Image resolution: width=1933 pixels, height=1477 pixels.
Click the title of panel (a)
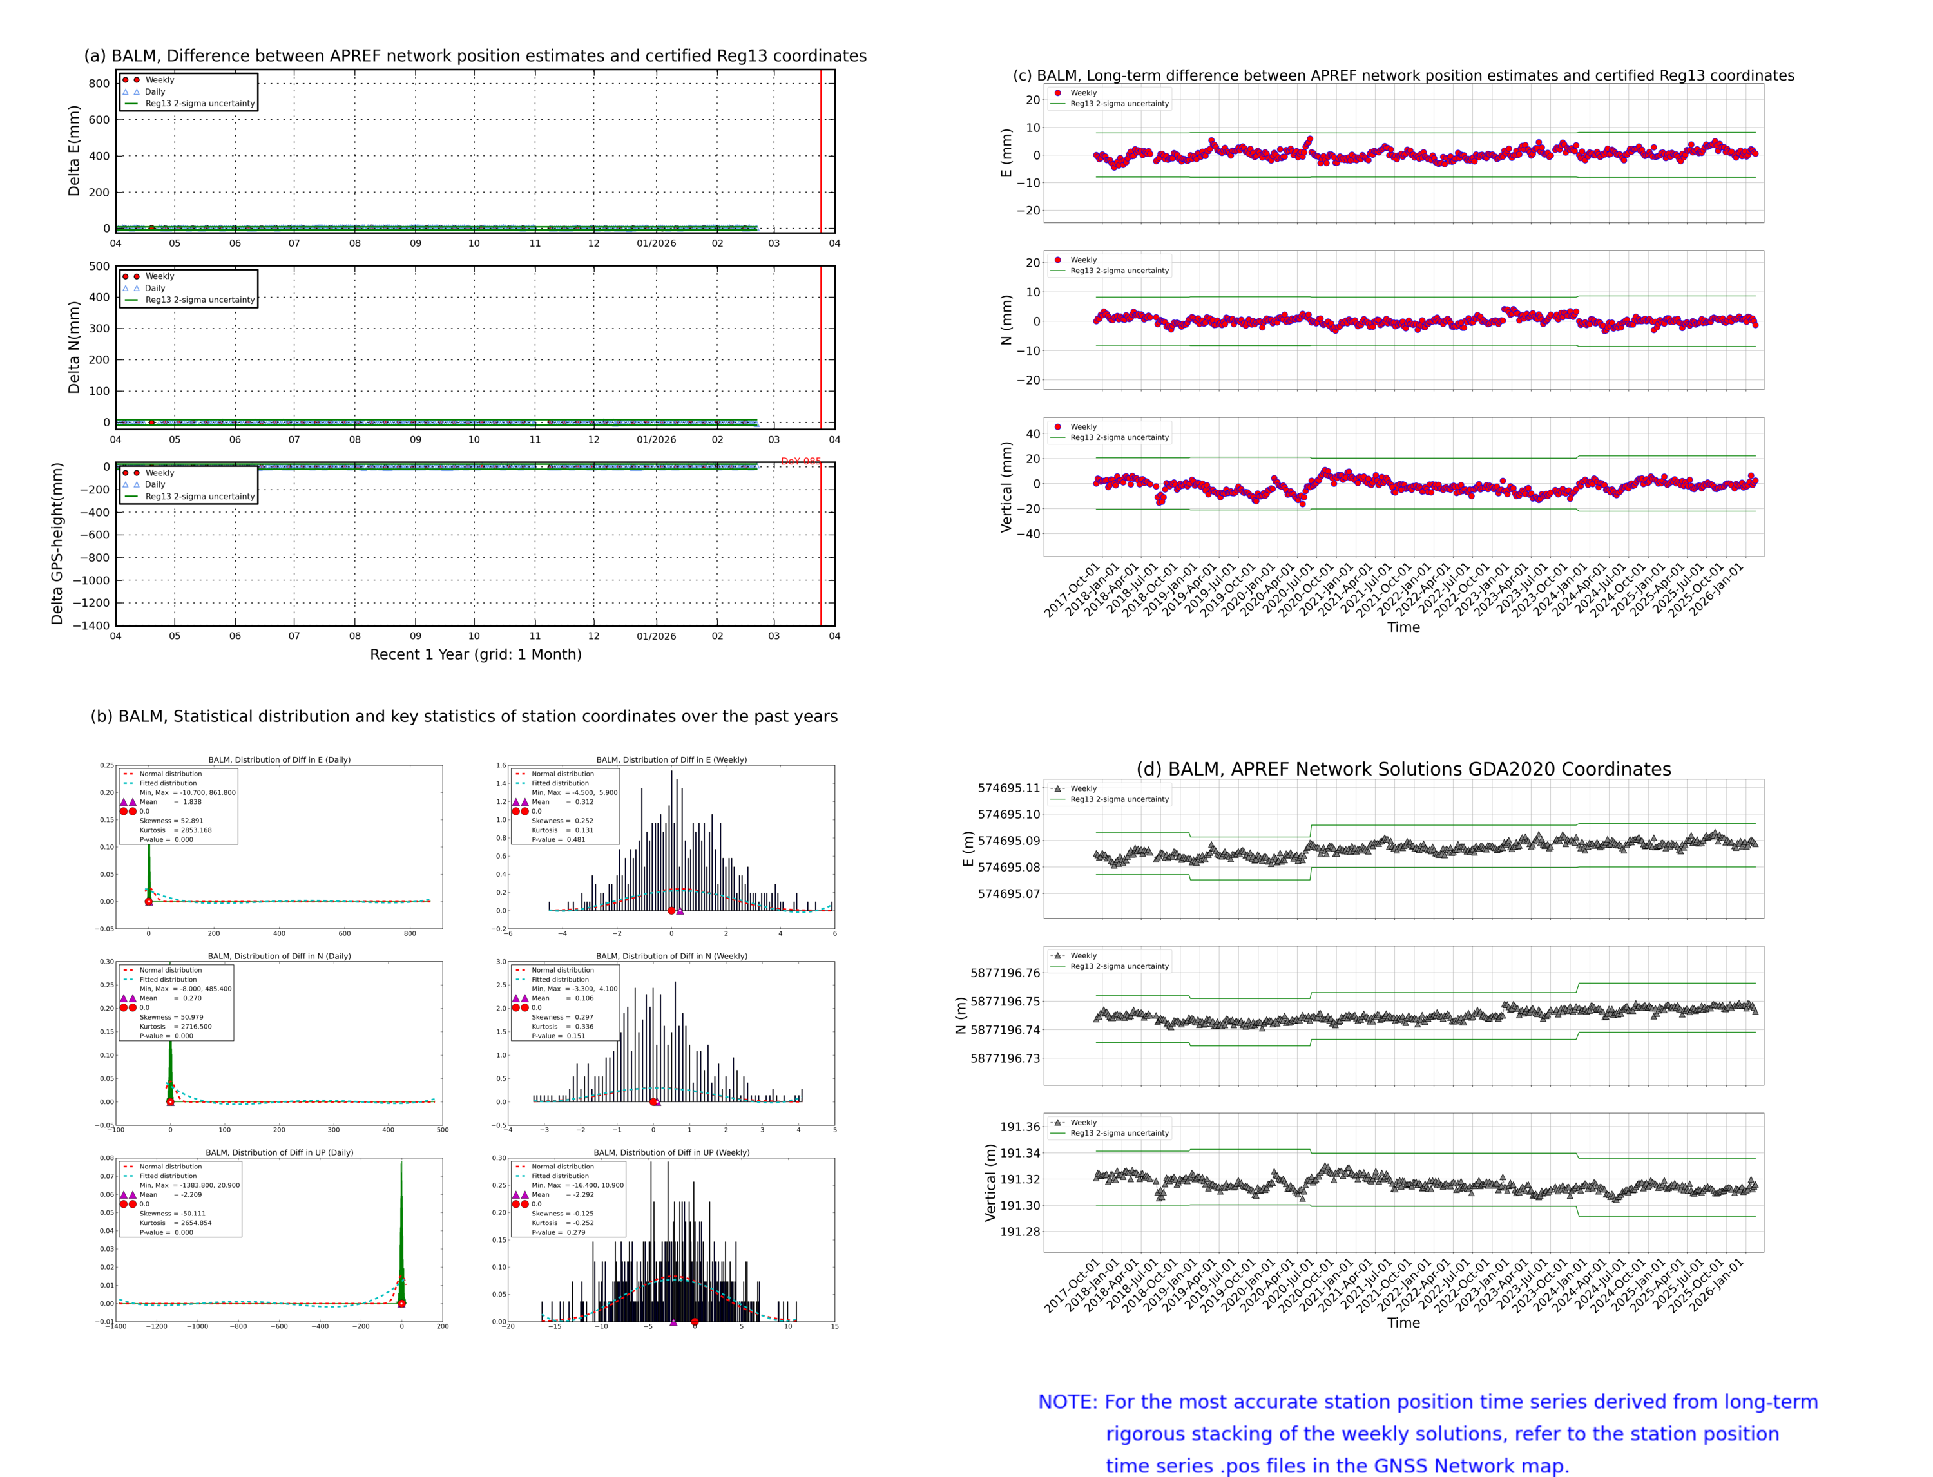click(475, 56)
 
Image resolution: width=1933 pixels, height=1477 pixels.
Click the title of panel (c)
click(1403, 75)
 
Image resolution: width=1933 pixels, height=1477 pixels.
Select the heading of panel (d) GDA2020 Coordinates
click(1403, 769)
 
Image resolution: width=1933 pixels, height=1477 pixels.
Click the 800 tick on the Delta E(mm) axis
click(99, 84)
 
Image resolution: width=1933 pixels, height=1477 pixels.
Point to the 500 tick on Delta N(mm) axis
click(99, 267)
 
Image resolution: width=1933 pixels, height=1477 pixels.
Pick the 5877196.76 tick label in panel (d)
click(1005, 973)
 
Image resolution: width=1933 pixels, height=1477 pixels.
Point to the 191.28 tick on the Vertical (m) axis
click(1019, 1232)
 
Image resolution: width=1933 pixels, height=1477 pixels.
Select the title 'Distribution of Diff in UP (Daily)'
click(279, 1152)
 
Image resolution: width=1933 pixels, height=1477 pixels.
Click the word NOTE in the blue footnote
click(1067, 1402)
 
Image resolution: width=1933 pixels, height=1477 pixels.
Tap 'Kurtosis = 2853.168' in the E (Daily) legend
click(175, 830)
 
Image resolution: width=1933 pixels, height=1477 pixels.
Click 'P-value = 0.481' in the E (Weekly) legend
click(559, 839)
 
